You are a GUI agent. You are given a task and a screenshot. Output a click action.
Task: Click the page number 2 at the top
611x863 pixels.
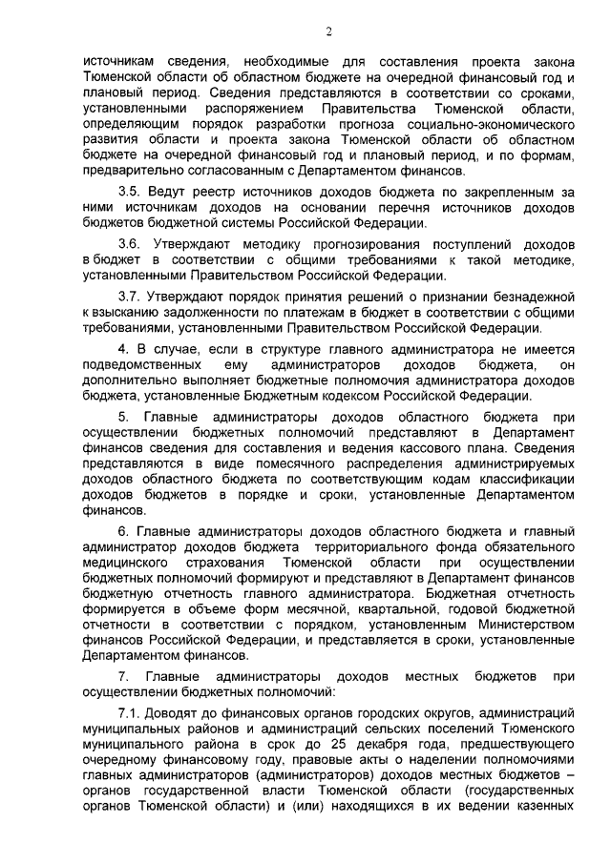[x=327, y=31]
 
